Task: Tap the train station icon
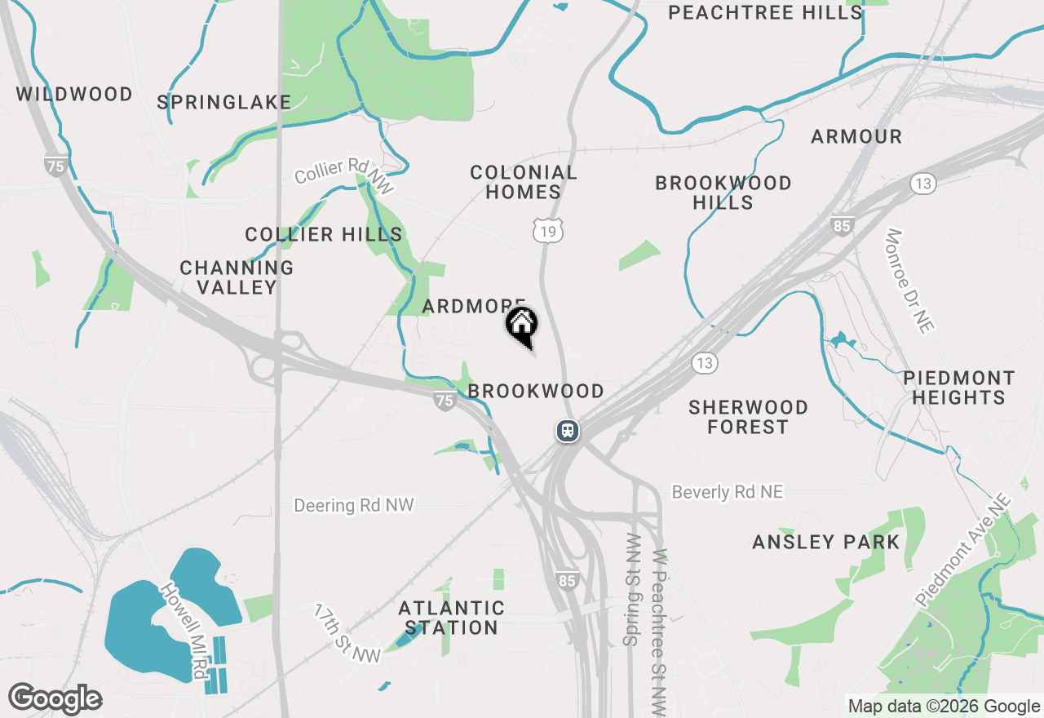(x=568, y=430)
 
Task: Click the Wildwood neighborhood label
(x=74, y=95)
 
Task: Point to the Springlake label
(x=224, y=102)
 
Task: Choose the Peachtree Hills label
(x=765, y=13)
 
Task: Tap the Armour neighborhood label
(x=856, y=137)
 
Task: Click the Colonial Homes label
(x=524, y=182)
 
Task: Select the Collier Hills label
(x=324, y=235)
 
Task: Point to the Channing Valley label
(x=237, y=277)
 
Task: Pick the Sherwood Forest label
(x=748, y=417)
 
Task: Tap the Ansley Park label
(x=826, y=543)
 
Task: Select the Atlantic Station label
(x=451, y=618)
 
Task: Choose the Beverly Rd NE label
(x=728, y=492)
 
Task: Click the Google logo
(x=55, y=699)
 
